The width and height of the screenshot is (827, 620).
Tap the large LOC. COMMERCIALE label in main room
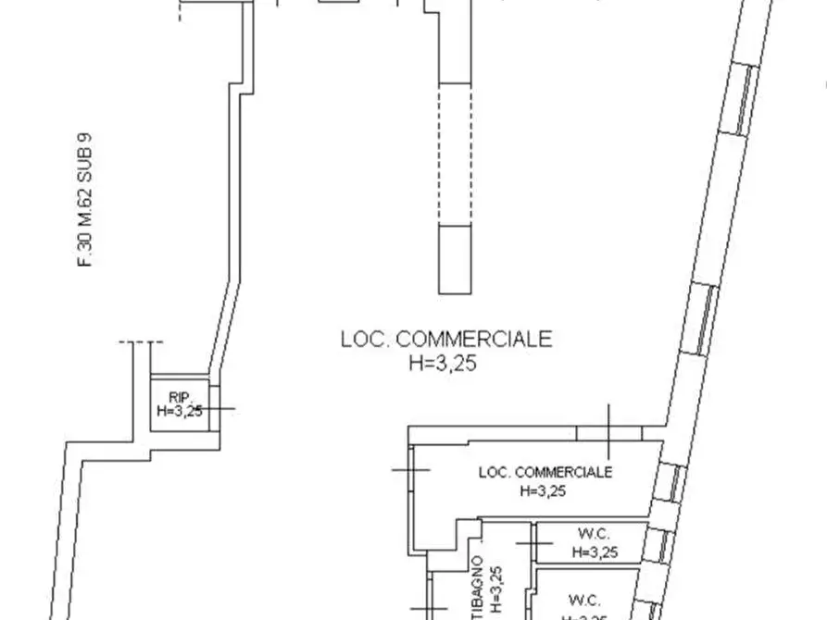point(446,340)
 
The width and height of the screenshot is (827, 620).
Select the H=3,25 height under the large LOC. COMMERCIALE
point(442,364)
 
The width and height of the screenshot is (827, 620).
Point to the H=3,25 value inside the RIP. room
point(180,412)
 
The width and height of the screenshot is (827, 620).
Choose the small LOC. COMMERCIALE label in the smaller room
point(545,472)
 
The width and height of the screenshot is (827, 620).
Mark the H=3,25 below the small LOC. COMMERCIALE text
point(543,491)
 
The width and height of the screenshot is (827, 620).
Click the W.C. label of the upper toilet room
point(594,534)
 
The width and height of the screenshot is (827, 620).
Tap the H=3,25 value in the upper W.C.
point(594,552)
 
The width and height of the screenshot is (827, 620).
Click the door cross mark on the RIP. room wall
point(215,408)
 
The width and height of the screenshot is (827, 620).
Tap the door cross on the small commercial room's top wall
point(609,431)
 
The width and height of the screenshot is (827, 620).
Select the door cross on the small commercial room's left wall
point(409,470)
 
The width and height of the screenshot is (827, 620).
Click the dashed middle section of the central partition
point(454,154)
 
